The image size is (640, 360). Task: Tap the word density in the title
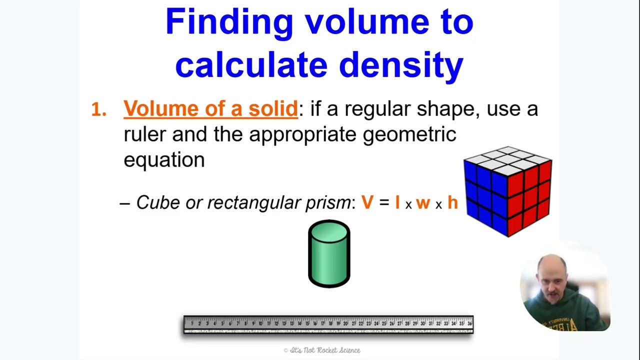pyautogui.click(x=401, y=65)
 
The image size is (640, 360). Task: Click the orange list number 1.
pyautogui.click(x=98, y=109)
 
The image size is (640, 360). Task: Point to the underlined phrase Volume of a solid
pyautogui.click(x=210, y=108)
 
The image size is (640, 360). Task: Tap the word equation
pyautogui.click(x=164, y=159)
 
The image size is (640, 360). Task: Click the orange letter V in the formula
pyautogui.click(x=367, y=202)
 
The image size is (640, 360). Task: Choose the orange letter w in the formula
pyautogui.click(x=423, y=203)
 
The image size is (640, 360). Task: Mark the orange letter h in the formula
pyautogui.click(x=452, y=202)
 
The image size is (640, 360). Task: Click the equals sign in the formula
pyautogui.click(x=383, y=203)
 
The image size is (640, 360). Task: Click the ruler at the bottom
pyautogui.click(x=328, y=324)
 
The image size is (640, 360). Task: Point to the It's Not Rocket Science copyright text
pyautogui.click(x=321, y=350)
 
